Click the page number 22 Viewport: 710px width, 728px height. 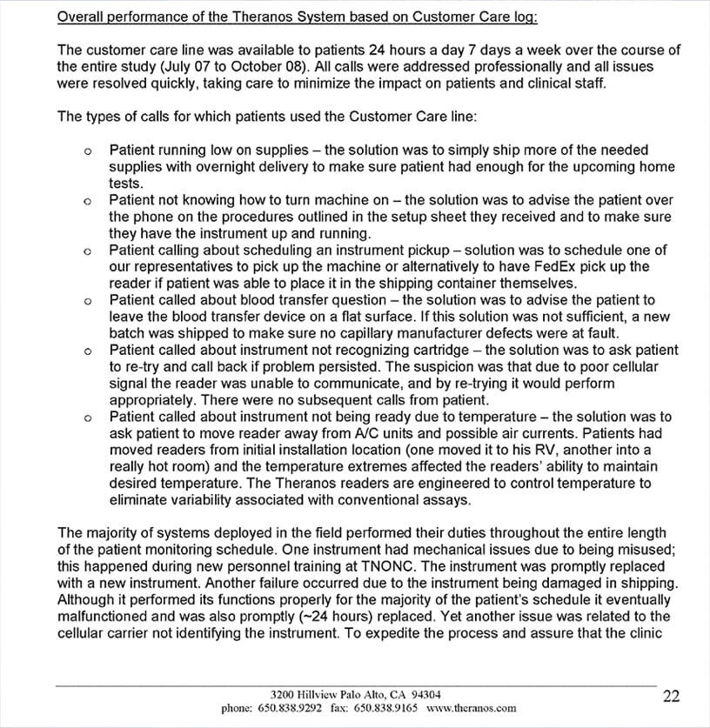point(671,696)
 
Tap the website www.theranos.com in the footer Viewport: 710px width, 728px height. point(472,709)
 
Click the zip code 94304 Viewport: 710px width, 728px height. point(423,695)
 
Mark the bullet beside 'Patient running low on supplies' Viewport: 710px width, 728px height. point(88,151)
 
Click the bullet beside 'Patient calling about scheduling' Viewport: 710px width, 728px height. point(88,251)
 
